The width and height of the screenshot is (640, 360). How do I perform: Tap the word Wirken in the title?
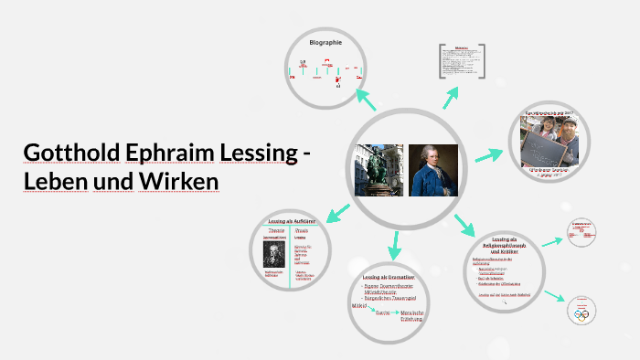pos(178,181)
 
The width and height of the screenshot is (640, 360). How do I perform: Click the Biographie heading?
pos(325,43)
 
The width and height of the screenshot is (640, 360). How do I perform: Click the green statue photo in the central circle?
pos(378,170)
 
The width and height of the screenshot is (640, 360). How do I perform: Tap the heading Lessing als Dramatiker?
pos(389,277)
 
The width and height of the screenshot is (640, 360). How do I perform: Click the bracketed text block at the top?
pos(462,62)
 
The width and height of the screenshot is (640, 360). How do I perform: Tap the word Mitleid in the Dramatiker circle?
pos(360,306)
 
